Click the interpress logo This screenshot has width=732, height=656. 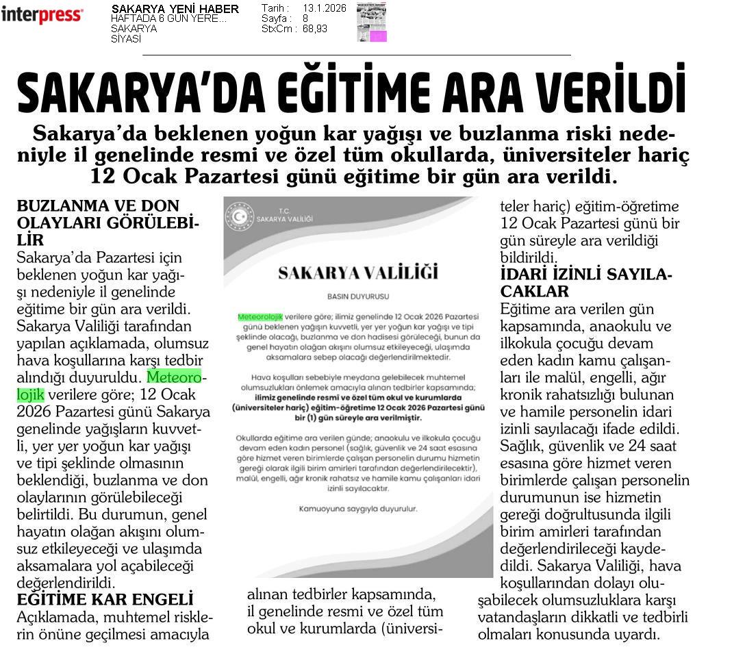(x=42, y=14)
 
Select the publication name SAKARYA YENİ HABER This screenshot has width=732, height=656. (x=175, y=9)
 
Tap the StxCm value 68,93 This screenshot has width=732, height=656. (x=314, y=29)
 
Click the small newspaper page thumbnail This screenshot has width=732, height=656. (x=371, y=22)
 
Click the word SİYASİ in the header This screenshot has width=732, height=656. (x=126, y=39)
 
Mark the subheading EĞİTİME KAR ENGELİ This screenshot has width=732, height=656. (x=105, y=600)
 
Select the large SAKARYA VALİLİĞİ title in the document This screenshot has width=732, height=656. (x=358, y=273)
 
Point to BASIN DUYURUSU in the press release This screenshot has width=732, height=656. (x=358, y=297)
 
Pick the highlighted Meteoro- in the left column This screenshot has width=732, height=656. (x=177, y=377)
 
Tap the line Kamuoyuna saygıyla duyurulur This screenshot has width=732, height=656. (x=358, y=509)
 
